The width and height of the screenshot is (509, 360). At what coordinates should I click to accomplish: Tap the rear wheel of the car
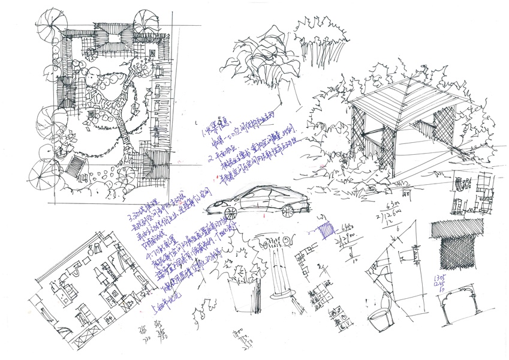pos(288,211)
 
